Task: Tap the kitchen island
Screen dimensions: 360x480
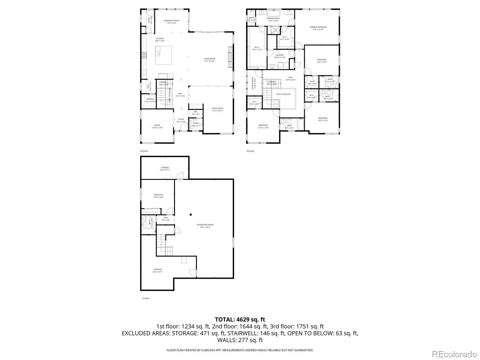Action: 163,55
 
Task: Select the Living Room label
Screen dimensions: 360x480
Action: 209,60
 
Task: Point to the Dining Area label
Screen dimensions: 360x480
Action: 217,109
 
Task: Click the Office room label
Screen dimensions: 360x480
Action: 157,126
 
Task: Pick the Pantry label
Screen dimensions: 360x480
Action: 150,100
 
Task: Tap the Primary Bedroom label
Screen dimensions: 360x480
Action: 318,28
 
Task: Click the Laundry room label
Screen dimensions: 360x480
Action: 280,56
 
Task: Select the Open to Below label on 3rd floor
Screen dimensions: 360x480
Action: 283,94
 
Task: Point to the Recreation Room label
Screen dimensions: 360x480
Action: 205,226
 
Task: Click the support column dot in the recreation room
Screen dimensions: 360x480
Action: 190,214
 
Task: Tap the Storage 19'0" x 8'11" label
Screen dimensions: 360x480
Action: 165,169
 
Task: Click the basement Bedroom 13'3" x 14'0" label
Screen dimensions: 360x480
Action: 158,196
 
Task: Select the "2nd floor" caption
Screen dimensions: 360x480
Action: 144,151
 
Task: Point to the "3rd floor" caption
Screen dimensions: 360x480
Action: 250,151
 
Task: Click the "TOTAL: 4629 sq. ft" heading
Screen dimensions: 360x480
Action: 240,319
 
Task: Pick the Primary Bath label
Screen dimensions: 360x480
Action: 273,19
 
